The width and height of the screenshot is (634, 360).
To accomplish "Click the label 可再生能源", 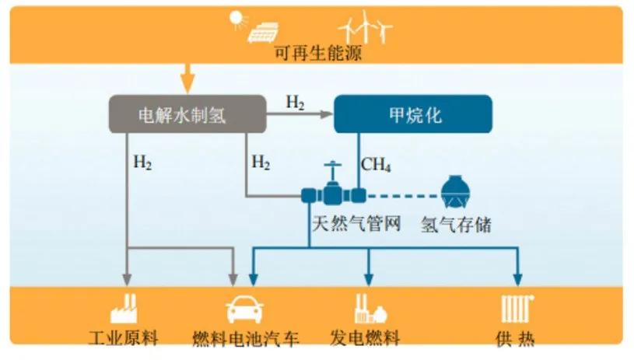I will (x=317, y=54).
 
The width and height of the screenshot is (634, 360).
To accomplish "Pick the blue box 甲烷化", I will (x=413, y=114).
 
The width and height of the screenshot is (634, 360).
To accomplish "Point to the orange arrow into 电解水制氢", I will (x=186, y=78).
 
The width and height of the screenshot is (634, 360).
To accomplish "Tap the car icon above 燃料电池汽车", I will (x=244, y=310).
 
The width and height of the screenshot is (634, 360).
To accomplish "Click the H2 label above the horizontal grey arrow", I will (x=295, y=101).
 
